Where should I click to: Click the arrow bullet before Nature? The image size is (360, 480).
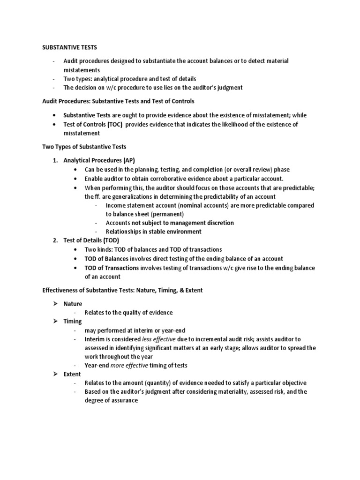coord(54,304)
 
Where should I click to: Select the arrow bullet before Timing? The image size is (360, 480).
coord(54,321)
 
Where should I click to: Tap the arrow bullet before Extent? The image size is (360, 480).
coord(54,374)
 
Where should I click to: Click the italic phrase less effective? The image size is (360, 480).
coord(158,339)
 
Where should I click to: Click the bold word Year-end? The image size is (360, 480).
coord(97,365)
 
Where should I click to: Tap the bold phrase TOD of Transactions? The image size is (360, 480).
coord(111,268)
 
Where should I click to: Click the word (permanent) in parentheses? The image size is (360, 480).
coord(167,214)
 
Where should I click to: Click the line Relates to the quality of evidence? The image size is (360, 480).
coord(128,313)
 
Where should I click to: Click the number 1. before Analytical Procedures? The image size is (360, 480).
coord(55,160)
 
